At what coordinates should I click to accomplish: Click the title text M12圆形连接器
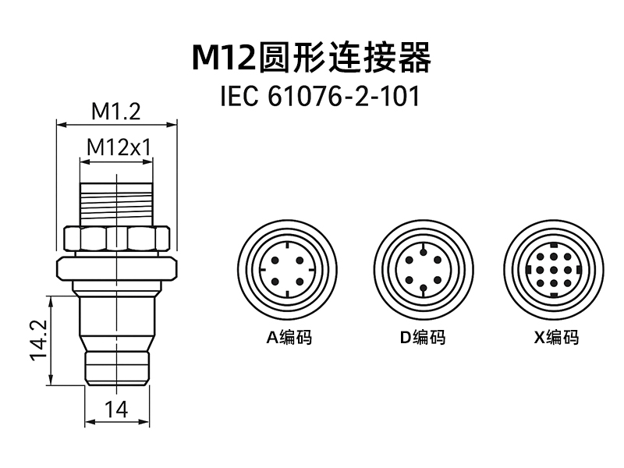pos(312,57)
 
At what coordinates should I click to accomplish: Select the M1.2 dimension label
pos(115,112)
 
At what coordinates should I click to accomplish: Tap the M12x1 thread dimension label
pos(117,147)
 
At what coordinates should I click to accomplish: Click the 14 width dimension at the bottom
pos(115,408)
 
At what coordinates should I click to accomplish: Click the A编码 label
pos(289,338)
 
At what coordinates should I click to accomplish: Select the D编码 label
pos(422,338)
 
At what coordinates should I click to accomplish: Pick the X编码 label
pos(556,338)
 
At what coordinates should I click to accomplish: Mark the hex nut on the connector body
pos(116,239)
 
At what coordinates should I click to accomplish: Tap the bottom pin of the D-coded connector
pos(422,289)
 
